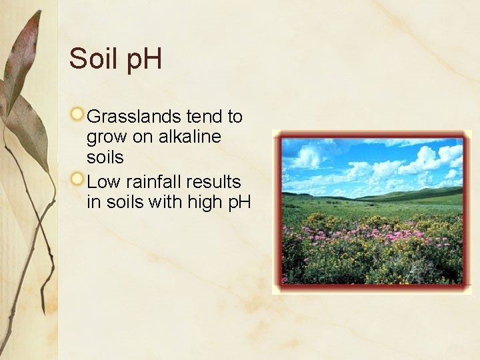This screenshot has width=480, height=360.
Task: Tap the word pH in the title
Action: tap(141, 60)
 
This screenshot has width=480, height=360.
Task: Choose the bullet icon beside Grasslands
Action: tap(78, 115)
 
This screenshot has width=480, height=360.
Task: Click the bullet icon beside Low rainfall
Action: tap(78, 179)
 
